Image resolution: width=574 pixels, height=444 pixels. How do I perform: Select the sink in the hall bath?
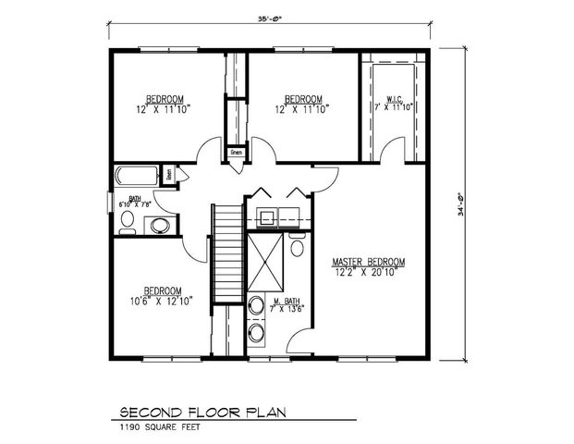pos(158,225)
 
